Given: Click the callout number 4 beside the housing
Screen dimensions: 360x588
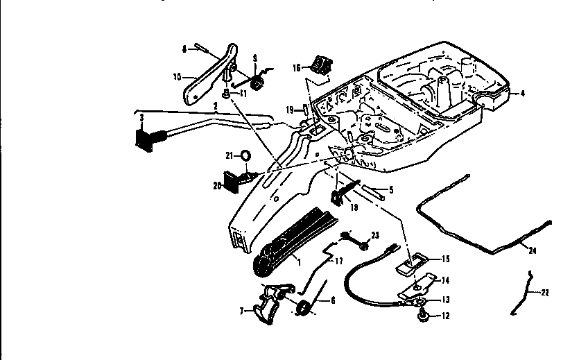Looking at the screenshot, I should pos(523,92).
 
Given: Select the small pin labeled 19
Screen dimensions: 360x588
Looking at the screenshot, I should pos(304,109).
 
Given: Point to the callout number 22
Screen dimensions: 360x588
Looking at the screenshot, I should pos(545,293).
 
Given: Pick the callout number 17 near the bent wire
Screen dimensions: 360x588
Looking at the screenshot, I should pos(338,262).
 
